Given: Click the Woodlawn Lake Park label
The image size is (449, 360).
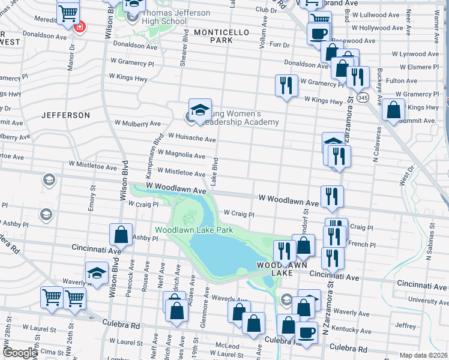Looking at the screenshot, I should coord(194,230).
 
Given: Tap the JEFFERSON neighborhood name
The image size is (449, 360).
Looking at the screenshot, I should coord(66,115).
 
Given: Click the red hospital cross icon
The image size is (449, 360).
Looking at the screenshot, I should coord(79,27).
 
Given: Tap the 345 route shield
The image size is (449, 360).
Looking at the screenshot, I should coord(362,97).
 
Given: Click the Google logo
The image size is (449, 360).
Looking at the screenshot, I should coord(20,353).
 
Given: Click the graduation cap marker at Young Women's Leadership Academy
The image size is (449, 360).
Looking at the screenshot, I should coord(200,110).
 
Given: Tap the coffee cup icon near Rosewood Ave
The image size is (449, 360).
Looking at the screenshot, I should coord(318,34).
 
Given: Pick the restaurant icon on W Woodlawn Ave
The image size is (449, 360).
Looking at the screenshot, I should coord(331,196).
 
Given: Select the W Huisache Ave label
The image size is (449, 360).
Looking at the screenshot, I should coord(191,139).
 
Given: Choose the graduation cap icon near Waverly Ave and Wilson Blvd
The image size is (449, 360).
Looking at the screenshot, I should coord(97,273).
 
